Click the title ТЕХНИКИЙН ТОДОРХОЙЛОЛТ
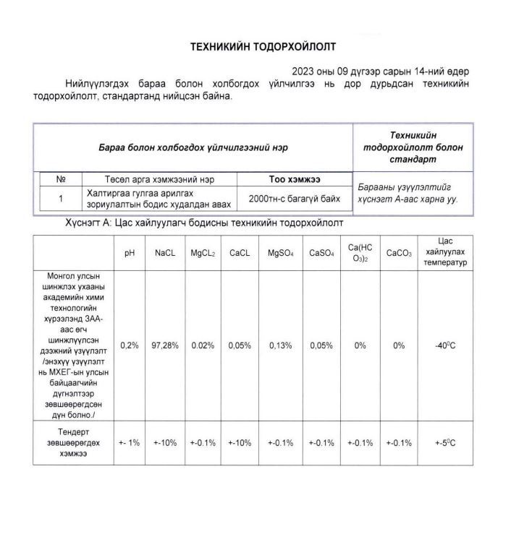pos(263,46)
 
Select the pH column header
pos(130,253)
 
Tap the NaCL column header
pos(165,253)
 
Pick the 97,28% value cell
pos(165,345)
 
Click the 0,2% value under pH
pos(130,345)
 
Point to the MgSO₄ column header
pos(280,253)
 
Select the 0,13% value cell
pos(280,345)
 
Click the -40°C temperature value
pos(444,345)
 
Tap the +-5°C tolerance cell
pos(444,443)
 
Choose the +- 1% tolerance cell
pos(130,443)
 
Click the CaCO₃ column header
pos(399,253)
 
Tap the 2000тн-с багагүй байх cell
pos(295,198)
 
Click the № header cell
pos(61,179)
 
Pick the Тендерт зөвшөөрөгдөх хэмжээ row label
pos(74,443)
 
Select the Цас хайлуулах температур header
pos(444,252)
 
